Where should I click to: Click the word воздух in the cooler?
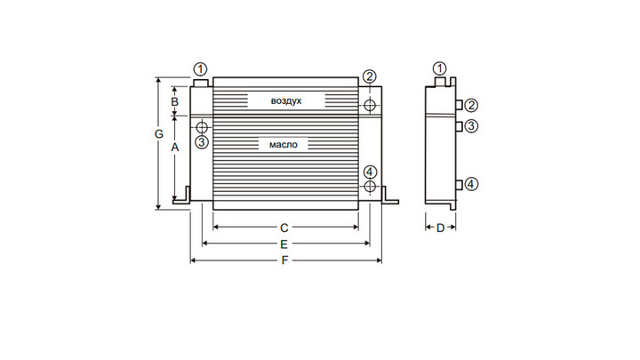click(x=286, y=100)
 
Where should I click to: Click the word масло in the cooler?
click(x=284, y=145)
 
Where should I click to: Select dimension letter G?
click(x=159, y=134)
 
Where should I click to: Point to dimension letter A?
click(x=175, y=147)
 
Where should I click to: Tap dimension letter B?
click(x=175, y=101)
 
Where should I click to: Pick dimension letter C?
click(x=284, y=228)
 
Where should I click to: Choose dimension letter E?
click(x=284, y=244)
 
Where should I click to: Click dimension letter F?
click(x=285, y=260)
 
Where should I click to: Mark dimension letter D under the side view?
click(x=440, y=228)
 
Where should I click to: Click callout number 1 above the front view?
click(x=200, y=69)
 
